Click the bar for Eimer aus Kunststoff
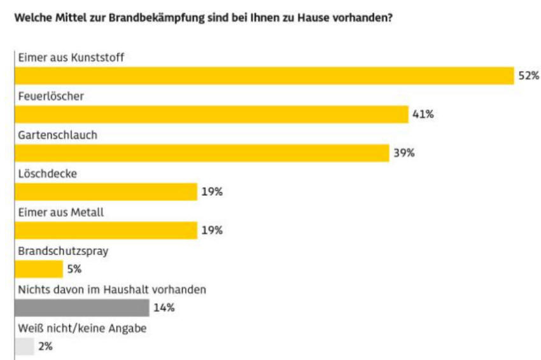264,76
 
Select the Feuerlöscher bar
211,114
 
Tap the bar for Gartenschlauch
202,153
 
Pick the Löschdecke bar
106,191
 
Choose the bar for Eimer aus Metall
106,230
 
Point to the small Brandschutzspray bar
39,269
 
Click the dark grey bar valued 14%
82,308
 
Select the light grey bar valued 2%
24,347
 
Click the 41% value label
423,114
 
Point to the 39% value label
404,153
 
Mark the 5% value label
74,269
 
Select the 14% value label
164,308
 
